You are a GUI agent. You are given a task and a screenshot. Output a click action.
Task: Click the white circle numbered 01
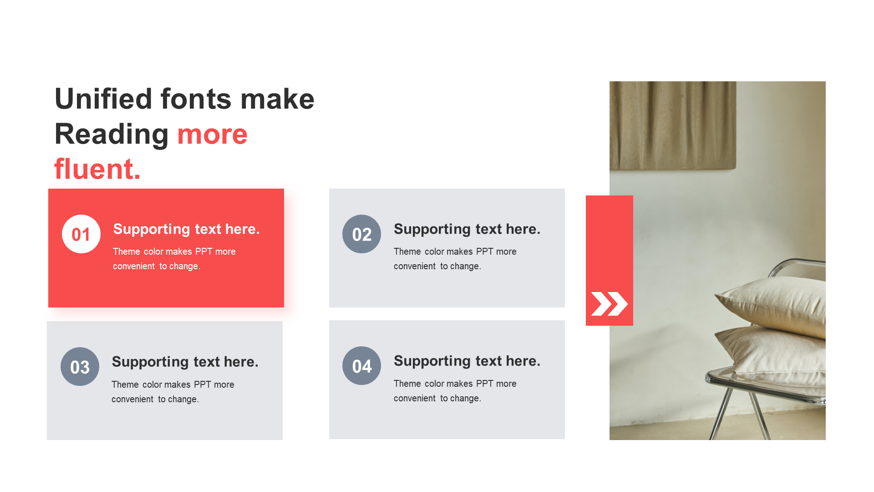click(81, 234)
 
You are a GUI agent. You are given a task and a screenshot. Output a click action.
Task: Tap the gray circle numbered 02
click(361, 234)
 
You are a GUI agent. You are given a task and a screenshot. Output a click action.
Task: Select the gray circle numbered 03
click(80, 367)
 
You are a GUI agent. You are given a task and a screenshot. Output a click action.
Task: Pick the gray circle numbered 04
click(361, 366)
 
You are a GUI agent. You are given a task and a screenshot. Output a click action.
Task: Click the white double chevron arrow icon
click(609, 304)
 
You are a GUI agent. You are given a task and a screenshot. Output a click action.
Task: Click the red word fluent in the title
click(97, 169)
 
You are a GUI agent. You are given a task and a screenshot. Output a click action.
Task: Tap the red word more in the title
click(212, 135)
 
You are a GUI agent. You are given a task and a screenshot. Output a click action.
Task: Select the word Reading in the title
click(112, 135)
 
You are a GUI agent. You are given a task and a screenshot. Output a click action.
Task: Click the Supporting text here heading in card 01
click(186, 229)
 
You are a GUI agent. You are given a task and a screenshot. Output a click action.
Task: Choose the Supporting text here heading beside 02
click(467, 229)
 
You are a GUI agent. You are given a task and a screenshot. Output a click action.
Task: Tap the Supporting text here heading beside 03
click(185, 362)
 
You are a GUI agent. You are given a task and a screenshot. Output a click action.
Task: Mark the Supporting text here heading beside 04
click(467, 361)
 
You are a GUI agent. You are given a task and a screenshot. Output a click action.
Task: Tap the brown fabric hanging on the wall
click(673, 126)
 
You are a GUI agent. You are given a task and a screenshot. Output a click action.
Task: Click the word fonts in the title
click(196, 99)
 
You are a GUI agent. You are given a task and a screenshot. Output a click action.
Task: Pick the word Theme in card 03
click(125, 384)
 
